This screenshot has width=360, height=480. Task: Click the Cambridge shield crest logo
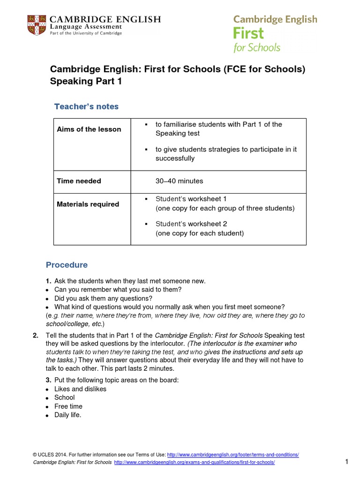(37, 25)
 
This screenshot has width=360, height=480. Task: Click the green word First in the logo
(248, 34)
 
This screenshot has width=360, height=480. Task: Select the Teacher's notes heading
(86, 106)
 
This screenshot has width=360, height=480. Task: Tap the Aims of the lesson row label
(89, 129)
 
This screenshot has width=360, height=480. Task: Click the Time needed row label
(79, 181)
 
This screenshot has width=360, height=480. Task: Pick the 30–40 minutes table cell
(179, 181)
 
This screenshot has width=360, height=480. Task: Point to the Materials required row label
(88, 204)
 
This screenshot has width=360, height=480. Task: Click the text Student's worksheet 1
(191, 199)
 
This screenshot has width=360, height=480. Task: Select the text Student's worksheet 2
(191, 224)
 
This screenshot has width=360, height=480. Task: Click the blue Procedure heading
(67, 265)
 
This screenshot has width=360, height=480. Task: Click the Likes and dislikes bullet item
(80, 389)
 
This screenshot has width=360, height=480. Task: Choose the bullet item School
(64, 397)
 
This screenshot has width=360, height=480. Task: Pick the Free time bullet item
(68, 406)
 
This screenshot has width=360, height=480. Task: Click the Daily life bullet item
(67, 415)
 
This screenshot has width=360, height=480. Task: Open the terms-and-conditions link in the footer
(233, 455)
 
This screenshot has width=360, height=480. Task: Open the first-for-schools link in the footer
(195, 463)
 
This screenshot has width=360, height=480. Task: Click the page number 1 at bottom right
(347, 462)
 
